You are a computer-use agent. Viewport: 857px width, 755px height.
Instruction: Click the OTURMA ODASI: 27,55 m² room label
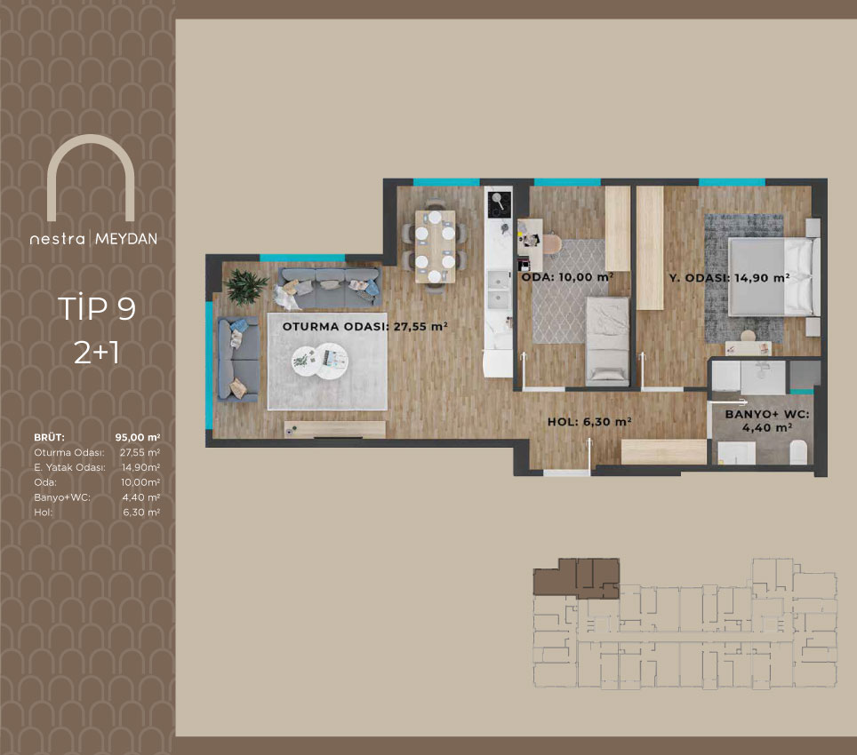365,327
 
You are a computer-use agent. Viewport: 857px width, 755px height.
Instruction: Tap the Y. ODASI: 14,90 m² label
729,278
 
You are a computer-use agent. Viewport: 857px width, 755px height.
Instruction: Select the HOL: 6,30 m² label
589,422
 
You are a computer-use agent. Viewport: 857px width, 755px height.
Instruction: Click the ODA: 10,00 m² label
567,277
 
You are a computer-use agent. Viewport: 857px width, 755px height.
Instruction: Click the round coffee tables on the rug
320,362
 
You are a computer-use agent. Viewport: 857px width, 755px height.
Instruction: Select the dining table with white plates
435,246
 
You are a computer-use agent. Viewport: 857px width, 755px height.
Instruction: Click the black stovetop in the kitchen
499,204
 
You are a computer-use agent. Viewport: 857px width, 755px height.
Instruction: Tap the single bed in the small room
606,338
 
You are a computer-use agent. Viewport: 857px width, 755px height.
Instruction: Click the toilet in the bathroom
798,452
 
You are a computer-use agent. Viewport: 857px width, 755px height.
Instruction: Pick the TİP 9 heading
97,308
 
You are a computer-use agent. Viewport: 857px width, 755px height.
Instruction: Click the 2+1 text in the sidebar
97,353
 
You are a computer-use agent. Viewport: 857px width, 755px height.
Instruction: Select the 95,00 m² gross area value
138,437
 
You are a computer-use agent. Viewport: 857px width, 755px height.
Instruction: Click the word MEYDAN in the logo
126,239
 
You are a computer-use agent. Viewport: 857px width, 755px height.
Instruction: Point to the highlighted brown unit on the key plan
576,578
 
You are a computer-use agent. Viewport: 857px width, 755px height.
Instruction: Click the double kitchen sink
499,290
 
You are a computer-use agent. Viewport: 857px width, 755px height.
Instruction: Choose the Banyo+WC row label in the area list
62,497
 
